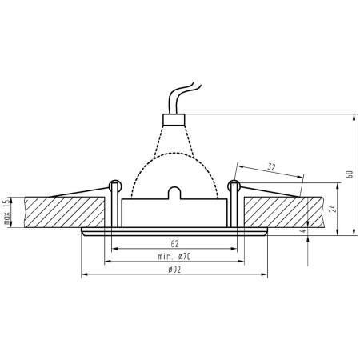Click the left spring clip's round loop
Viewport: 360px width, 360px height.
click(x=115, y=187)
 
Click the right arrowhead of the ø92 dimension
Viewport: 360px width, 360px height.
click(x=266, y=277)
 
